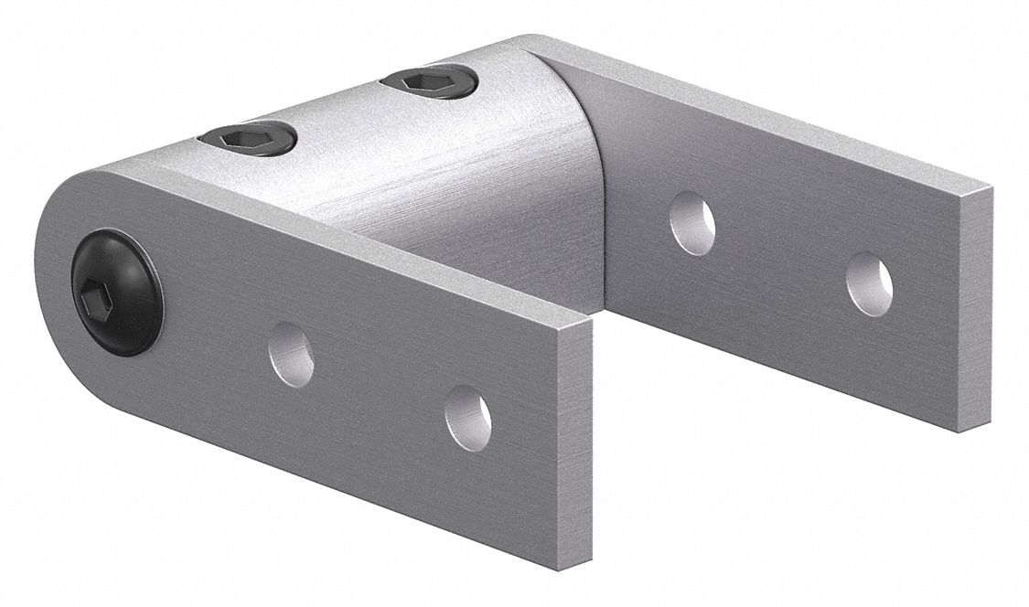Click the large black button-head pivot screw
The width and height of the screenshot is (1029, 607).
click(x=117, y=292)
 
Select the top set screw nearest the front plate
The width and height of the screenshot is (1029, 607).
click(x=246, y=139)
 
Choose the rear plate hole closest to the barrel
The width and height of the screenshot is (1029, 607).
click(x=691, y=222)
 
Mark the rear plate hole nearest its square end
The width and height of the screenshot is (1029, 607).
click(x=868, y=284)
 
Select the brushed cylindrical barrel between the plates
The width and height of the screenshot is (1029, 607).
click(x=439, y=174)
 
